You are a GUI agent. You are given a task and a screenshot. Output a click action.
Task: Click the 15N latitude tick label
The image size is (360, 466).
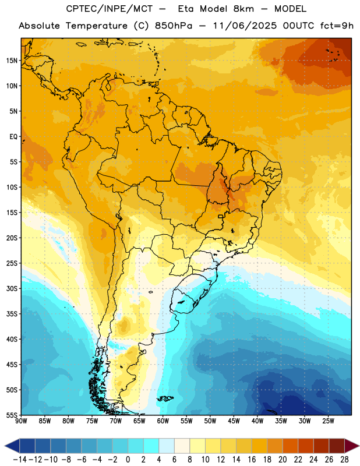[x=12, y=61]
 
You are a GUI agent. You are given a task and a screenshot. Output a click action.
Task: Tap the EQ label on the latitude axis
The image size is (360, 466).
[x=13, y=137]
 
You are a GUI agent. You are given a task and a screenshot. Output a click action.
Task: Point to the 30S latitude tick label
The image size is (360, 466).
[x=12, y=288]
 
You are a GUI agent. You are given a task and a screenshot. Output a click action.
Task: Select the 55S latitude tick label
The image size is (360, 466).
[x=12, y=415]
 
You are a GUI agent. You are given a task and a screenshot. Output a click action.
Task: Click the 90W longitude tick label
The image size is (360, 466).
[x=21, y=421]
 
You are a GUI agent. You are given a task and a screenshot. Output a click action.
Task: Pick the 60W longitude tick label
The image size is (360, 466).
[x=163, y=421]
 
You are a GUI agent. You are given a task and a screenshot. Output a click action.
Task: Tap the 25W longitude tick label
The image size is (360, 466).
[x=328, y=421]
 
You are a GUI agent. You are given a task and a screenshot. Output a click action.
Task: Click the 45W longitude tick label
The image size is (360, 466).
[x=234, y=421]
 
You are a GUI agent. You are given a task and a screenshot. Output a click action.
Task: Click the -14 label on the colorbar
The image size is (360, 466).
[x=20, y=460]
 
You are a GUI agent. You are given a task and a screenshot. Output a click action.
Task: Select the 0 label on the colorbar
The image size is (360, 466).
[x=128, y=460]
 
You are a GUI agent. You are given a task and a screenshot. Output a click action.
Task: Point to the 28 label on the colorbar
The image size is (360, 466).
[x=344, y=460]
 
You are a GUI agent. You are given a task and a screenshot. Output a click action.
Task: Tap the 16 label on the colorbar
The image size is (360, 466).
[x=252, y=460]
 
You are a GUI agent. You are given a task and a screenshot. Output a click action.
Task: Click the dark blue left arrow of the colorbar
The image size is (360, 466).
[x=12, y=446]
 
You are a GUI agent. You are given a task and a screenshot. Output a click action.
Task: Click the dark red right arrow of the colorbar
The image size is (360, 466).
[x=352, y=446]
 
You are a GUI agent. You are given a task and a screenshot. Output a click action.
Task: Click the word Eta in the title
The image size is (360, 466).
[x=185, y=9]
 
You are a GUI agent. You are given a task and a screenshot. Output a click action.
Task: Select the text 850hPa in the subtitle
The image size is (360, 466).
[x=174, y=26]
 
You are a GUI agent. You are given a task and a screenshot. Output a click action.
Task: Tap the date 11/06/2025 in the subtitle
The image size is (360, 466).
[x=245, y=26]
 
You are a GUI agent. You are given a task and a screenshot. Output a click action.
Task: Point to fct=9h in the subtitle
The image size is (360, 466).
[x=337, y=26]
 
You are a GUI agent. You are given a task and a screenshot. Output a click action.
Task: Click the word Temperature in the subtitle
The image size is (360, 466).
[x=97, y=26]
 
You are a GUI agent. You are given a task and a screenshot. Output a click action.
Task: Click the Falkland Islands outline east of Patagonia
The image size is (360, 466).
[x=165, y=398]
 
